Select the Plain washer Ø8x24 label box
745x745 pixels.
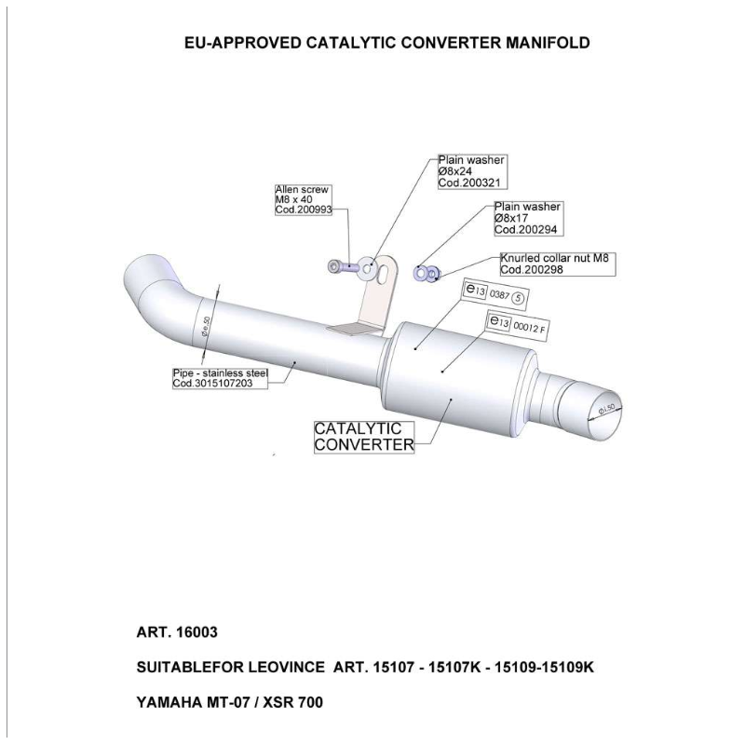(471, 172)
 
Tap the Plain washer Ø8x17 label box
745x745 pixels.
(527, 217)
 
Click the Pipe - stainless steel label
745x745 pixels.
(220, 377)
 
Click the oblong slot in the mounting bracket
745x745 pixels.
(373, 271)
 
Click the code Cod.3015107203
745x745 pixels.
(220, 383)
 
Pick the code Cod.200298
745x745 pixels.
(534, 269)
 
